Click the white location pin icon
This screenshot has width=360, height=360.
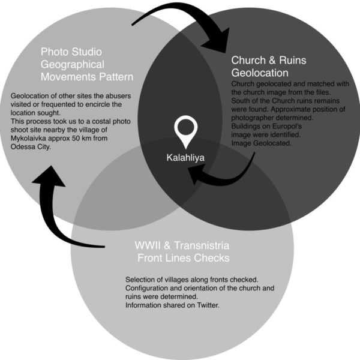click(185, 132)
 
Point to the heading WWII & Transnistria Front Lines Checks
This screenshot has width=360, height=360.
click(182, 253)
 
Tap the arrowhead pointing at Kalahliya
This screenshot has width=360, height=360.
click(195, 174)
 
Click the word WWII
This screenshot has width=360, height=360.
click(147, 247)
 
